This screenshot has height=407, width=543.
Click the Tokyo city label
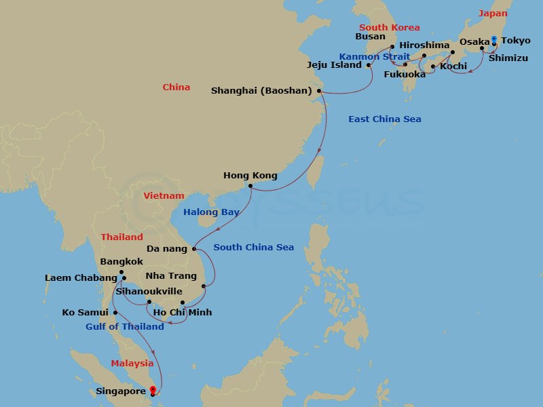[516, 41]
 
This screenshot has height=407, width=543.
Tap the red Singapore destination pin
[152, 390]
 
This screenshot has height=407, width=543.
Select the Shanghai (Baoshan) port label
[261, 90]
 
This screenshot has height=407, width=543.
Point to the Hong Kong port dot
[250, 186]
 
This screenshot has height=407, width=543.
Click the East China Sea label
[385, 119]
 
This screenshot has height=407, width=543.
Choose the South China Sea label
[254, 248]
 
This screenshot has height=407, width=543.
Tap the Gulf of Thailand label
[125, 327]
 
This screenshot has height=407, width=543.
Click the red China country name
[176, 88]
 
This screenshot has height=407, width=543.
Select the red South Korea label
[390, 28]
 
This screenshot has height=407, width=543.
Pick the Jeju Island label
[334, 66]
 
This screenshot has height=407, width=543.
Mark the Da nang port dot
[194, 249]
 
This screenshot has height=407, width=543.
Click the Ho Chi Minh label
[183, 313]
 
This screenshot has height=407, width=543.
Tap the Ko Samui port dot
[115, 313]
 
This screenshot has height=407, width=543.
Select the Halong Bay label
[210, 212]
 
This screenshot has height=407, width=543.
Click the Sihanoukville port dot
[149, 302]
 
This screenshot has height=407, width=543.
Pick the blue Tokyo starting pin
[493, 39]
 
